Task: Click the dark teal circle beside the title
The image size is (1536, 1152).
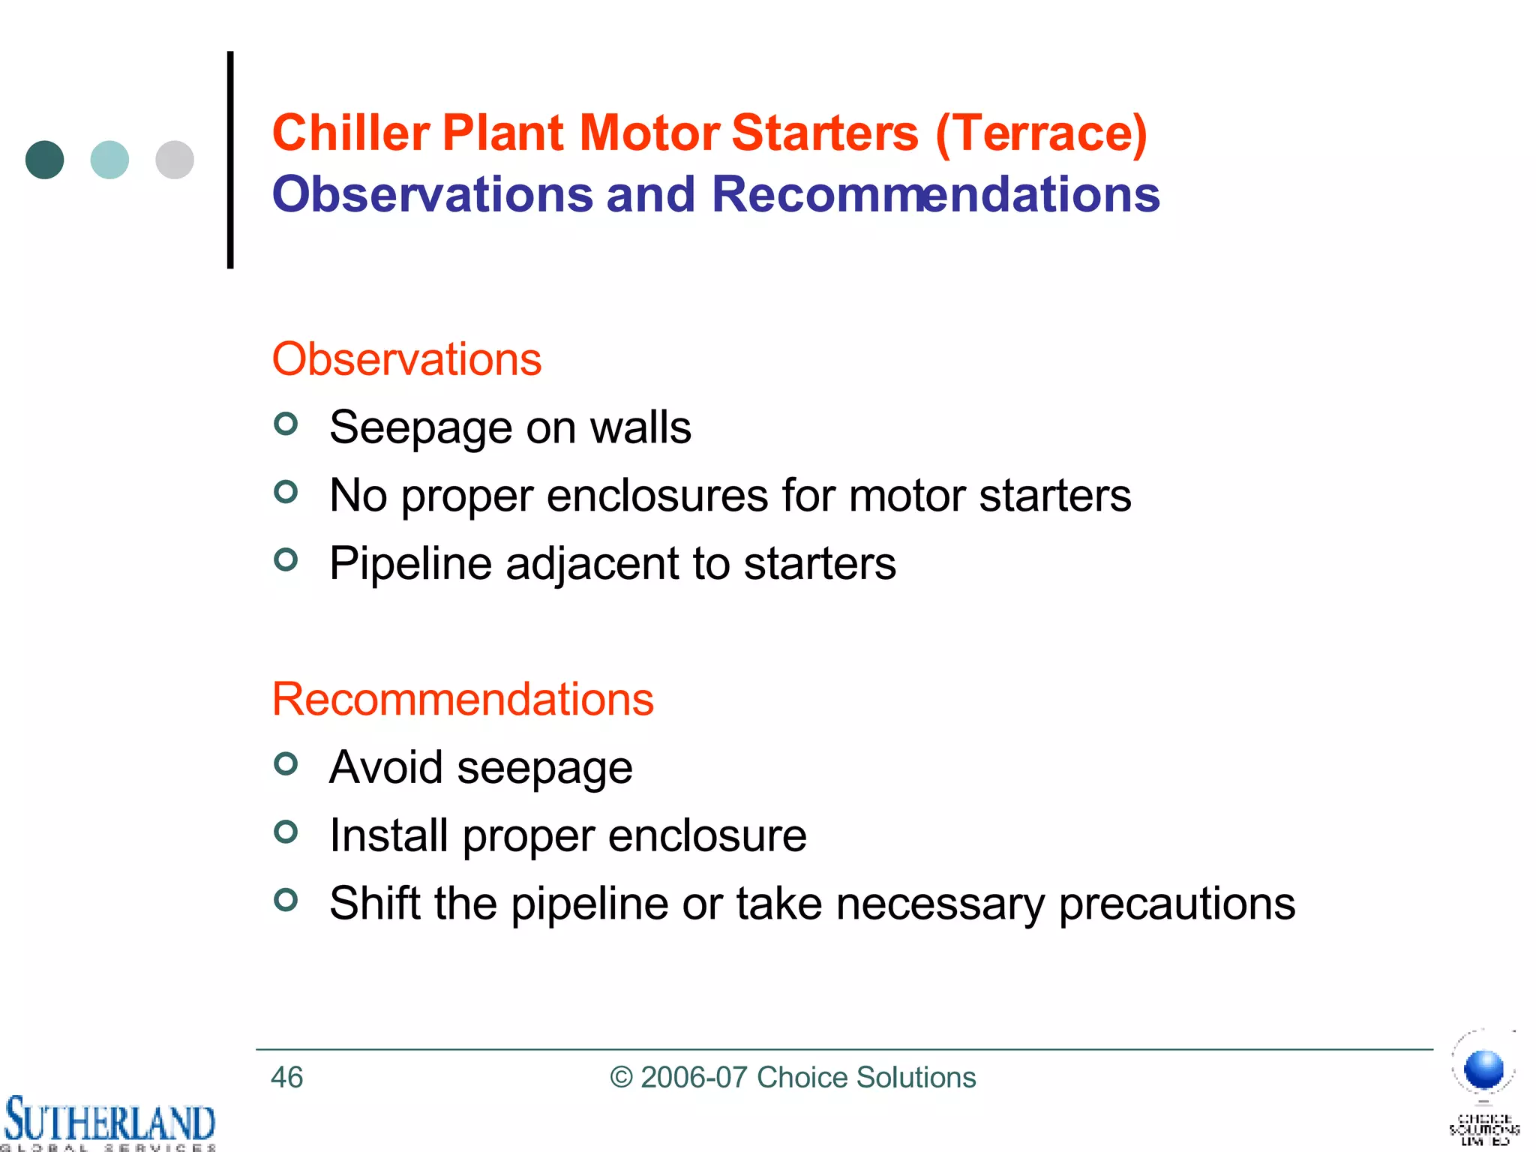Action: (45, 160)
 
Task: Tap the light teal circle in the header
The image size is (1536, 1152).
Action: (109, 160)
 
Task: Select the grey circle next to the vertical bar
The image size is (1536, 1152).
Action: (175, 160)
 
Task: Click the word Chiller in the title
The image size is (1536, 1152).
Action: (351, 133)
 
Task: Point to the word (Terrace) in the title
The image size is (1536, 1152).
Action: (1041, 134)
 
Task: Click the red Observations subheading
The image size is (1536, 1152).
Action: (406, 359)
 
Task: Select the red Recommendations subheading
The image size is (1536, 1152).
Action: (463, 699)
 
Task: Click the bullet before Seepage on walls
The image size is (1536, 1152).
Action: (286, 424)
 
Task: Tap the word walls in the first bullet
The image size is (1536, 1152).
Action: (640, 427)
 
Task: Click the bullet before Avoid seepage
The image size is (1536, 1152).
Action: (286, 763)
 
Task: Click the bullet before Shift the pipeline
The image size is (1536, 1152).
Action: (286, 899)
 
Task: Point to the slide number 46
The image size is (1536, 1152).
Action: (286, 1078)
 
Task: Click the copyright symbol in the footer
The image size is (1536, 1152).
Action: (621, 1078)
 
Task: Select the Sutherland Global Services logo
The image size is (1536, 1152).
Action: (109, 1122)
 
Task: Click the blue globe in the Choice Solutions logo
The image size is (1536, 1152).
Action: (1483, 1069)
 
